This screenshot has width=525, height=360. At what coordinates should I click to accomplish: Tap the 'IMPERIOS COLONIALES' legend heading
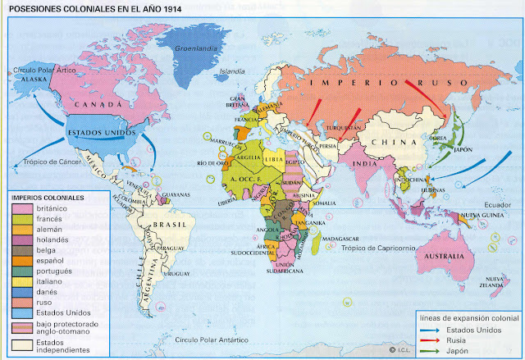pyautogui.click(x=47, y=198)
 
